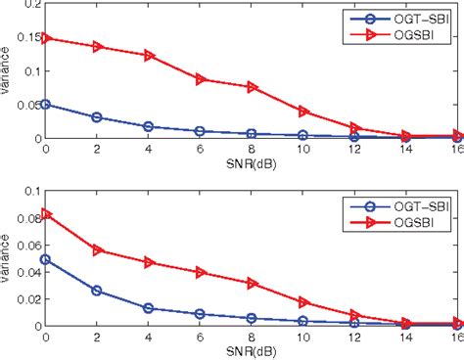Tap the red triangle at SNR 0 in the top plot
point(45,38)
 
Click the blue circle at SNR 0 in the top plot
point(45,104)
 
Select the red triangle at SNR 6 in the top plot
point(200,79)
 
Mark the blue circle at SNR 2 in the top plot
point(96,117)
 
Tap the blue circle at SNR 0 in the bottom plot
point(45,259)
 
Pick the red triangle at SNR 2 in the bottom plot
point(96,250)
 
